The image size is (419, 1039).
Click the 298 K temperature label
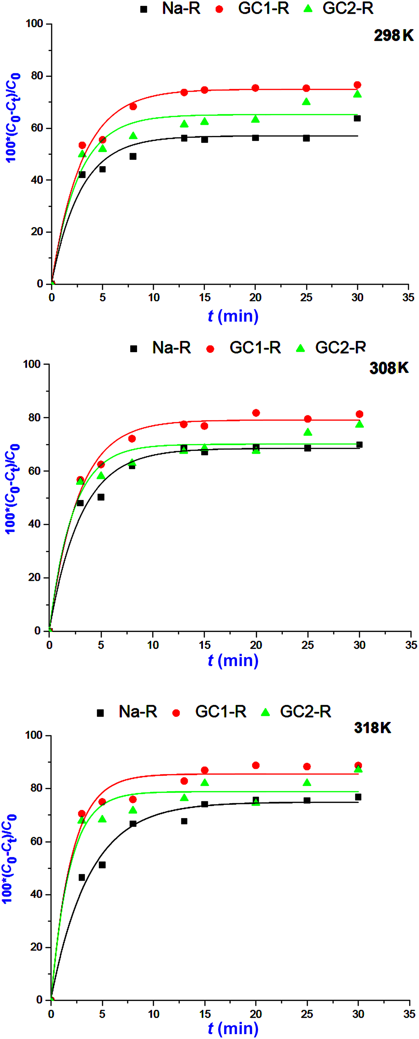[x=393, y=36]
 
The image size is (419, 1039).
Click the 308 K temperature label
[x=389, y=368]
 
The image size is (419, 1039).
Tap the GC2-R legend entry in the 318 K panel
[x=296, y=712]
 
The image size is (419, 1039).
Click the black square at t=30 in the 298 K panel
[x=357, y=118]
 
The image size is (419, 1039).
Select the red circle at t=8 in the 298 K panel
[x=133, y=107]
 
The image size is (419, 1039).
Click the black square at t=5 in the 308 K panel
[x=101, y=497]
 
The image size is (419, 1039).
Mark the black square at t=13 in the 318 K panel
[x=184, y=821]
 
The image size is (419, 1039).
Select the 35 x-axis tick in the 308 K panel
[x=411, y=645]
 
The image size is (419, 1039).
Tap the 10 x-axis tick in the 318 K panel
[x=153, y=1014]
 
